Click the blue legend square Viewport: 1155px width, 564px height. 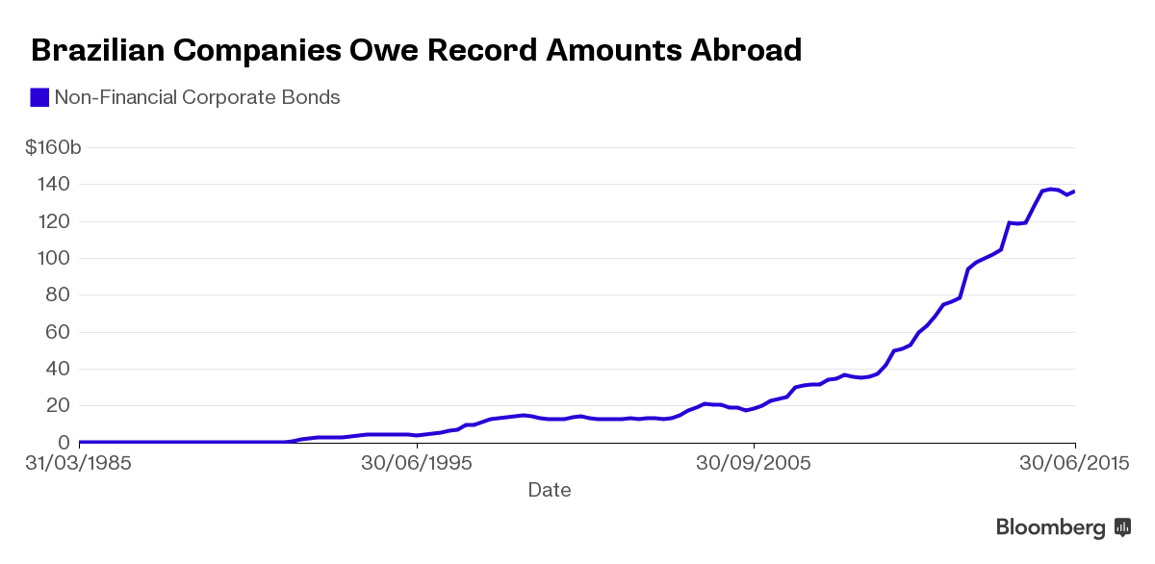click(x=39, y=97)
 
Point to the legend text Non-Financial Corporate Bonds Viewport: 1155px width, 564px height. click(x=197, y=97)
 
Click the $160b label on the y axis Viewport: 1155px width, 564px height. click(x=53, y=148)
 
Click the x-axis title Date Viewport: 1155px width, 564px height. click(x=550, y=490)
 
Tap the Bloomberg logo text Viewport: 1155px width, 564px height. click(x=1051, y=527)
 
